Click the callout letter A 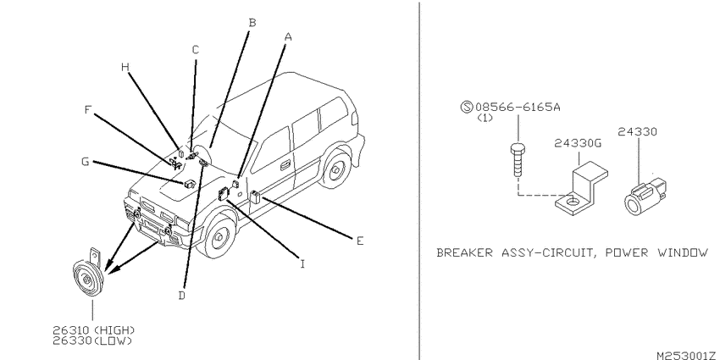(288, 36)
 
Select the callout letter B (252, 23)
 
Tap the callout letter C (195, 50)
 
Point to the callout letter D (182, 296)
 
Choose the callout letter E (360, 241)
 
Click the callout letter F (89, 110)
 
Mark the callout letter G (85, 162)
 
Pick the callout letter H (125, 67)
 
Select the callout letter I (302, 264)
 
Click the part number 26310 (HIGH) (94, 330)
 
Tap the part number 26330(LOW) (91, 341)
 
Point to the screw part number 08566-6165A (518, 108)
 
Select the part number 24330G (578, 143)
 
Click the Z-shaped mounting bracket (582, 189)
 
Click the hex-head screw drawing (518, 161)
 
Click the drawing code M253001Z (686, 355)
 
